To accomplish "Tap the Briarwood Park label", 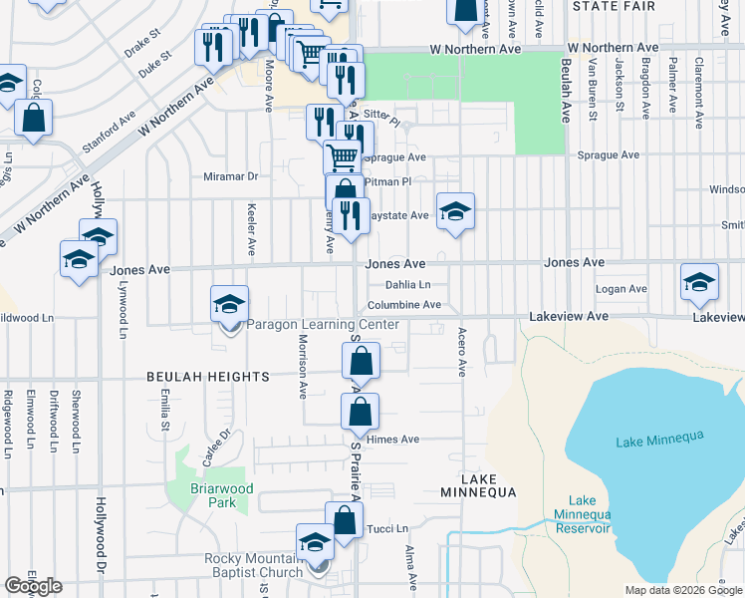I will coord(223,495).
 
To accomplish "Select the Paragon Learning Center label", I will coord(323,325).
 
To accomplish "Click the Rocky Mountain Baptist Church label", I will coord(253,565).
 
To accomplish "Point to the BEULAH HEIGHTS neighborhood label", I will coord(208,377).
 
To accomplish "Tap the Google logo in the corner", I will coord(33,586).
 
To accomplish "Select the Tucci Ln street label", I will coord(388,528).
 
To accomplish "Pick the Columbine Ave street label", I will coord(403,305).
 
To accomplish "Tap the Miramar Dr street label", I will coord(230,176).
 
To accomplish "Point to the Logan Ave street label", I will coord(621,289).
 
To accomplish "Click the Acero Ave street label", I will coord(462,352).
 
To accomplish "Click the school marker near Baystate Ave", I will coord(455,211).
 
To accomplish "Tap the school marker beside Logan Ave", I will coord(699,281).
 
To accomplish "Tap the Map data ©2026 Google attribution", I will coord(683,590).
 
